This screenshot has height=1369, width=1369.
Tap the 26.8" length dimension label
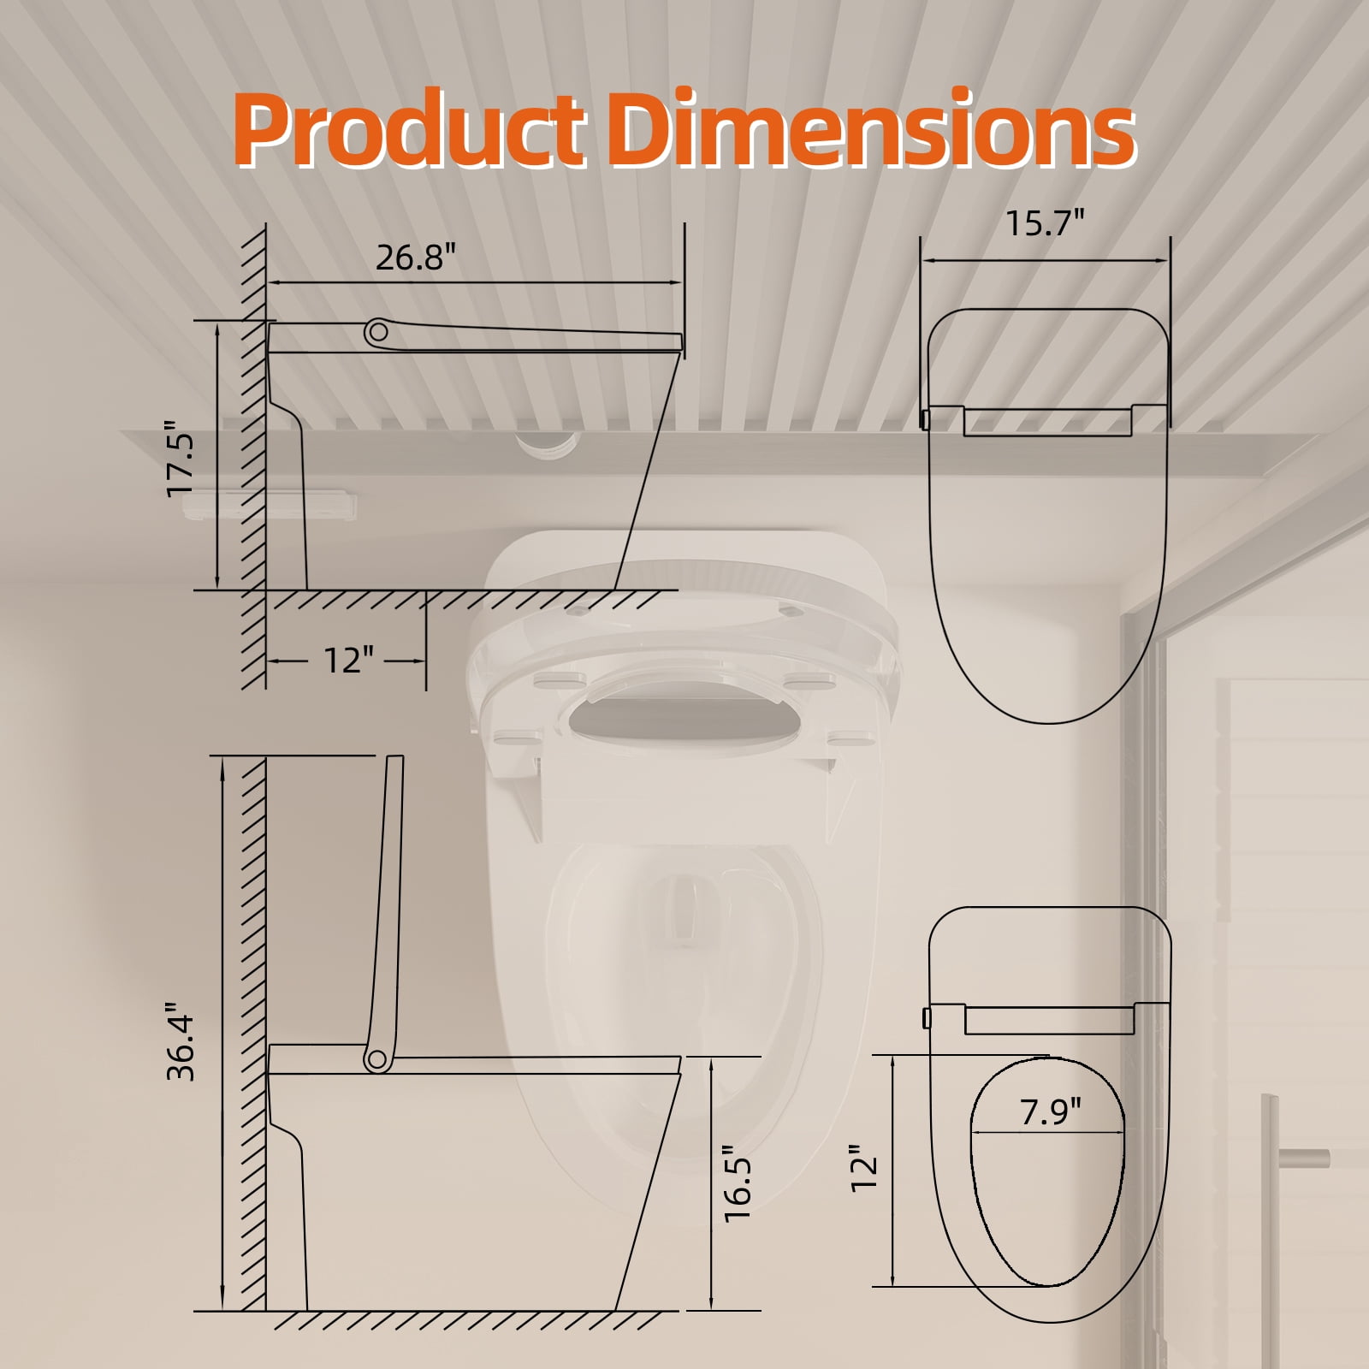(417, 258)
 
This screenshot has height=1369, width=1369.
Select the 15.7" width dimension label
(1044, 224)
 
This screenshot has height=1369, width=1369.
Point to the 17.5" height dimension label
(181, 457)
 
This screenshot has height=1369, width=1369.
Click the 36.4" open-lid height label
(181, 1041)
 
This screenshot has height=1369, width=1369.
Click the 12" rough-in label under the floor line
(348, 660)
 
